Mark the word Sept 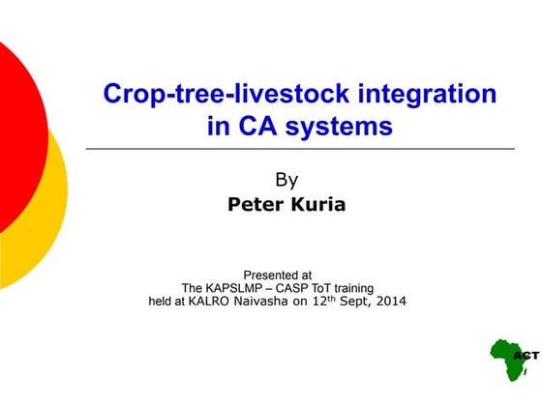pyautogui.click(x=370, y=302)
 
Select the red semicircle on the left pyautogui.click(x=19, y=135)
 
